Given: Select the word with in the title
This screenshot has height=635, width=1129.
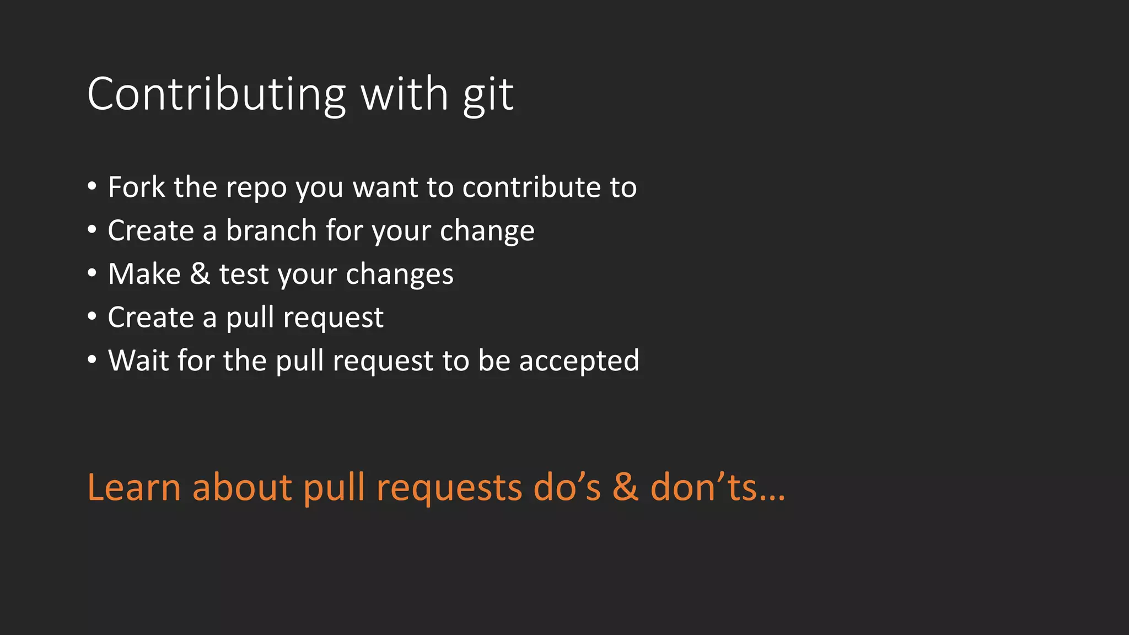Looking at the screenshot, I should click(404, 95).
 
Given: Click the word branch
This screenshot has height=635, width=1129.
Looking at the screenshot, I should click(271, 230).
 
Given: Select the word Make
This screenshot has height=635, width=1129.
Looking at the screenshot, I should click(144, 274).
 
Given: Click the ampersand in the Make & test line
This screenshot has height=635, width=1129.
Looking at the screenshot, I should click(200, 274).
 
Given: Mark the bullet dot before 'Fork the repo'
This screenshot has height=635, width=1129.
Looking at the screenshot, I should click(92, 186).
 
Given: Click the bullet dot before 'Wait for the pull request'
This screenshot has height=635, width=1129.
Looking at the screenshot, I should click(92, 359).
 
